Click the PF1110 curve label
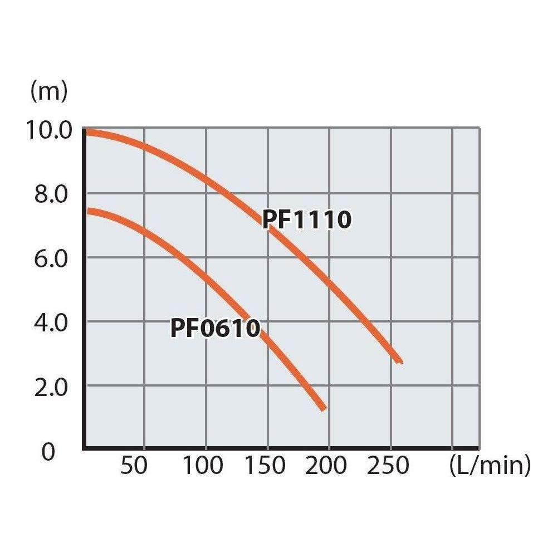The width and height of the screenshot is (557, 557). click(307, 220)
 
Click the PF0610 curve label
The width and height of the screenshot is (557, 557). click(215, 328)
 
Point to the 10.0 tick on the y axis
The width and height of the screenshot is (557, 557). click(49, 131)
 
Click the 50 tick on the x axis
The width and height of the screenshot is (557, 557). click(134, 466)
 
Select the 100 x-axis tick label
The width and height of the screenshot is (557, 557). click(204, 466)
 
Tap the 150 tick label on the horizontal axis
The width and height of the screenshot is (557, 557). click(265, 466)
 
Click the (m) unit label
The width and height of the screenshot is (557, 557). click(49, 91)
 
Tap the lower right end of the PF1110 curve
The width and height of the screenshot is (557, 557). click(399, 361)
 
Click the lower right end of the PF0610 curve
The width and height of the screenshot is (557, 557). click(323, 408)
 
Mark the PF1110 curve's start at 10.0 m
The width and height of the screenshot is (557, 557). click(86, 132)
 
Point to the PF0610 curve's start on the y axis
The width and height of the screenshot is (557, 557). click(86, 211)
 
